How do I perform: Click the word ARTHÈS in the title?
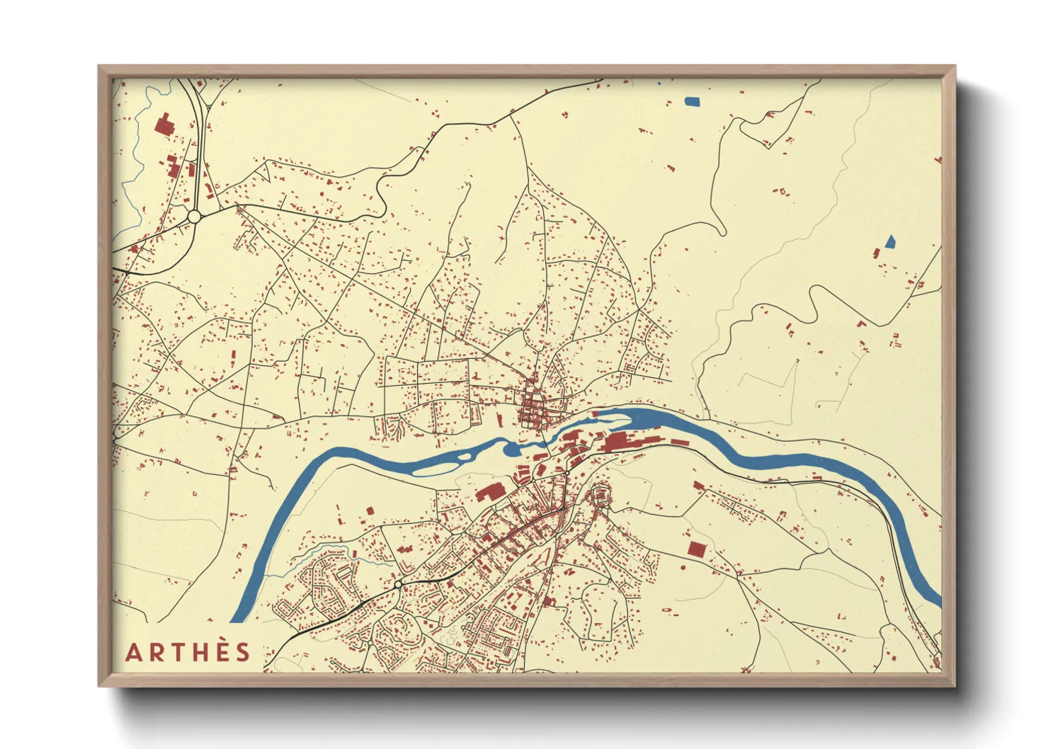[x=188, y=652]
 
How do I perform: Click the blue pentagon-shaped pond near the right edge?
[x=889, y=241]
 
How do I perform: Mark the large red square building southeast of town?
[x=695, y=549]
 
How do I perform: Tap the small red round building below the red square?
[x=683, y=567]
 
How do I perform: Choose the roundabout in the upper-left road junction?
[x=193, y=216]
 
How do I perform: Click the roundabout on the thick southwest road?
[x=399, y=583]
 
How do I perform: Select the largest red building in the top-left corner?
[x=164, y=125]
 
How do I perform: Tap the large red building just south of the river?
[x=488, y=493]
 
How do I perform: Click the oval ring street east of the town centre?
[x=600, y=495]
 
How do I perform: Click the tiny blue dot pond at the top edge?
[x=659, y=83]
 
